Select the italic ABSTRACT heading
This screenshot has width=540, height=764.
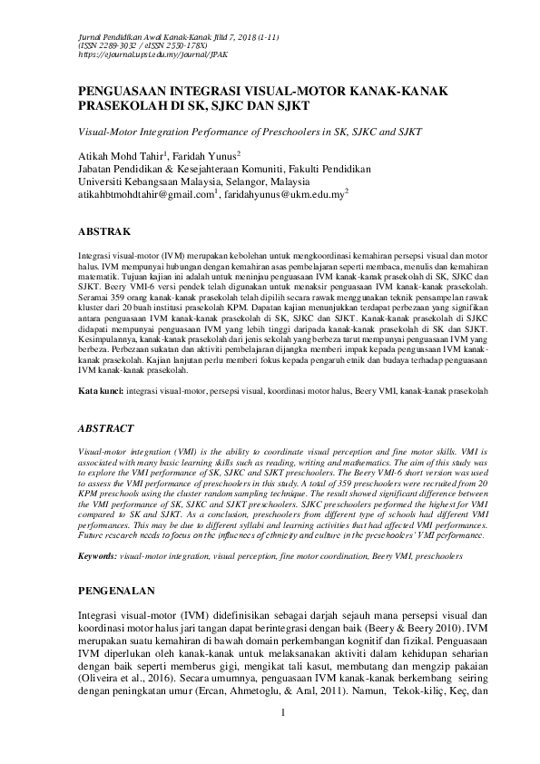[106, 427]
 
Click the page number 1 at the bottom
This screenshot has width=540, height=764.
[284, 737]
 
